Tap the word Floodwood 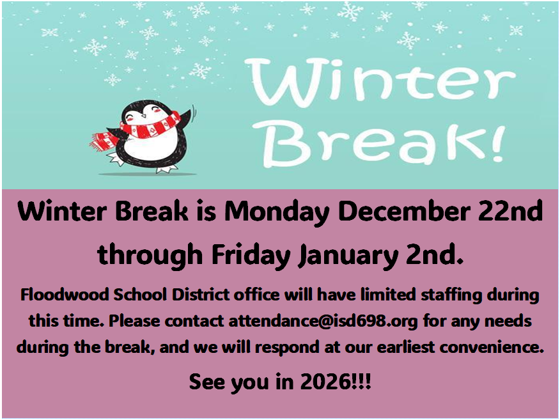[x=65, y=295]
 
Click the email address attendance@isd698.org [x=323, y=321]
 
